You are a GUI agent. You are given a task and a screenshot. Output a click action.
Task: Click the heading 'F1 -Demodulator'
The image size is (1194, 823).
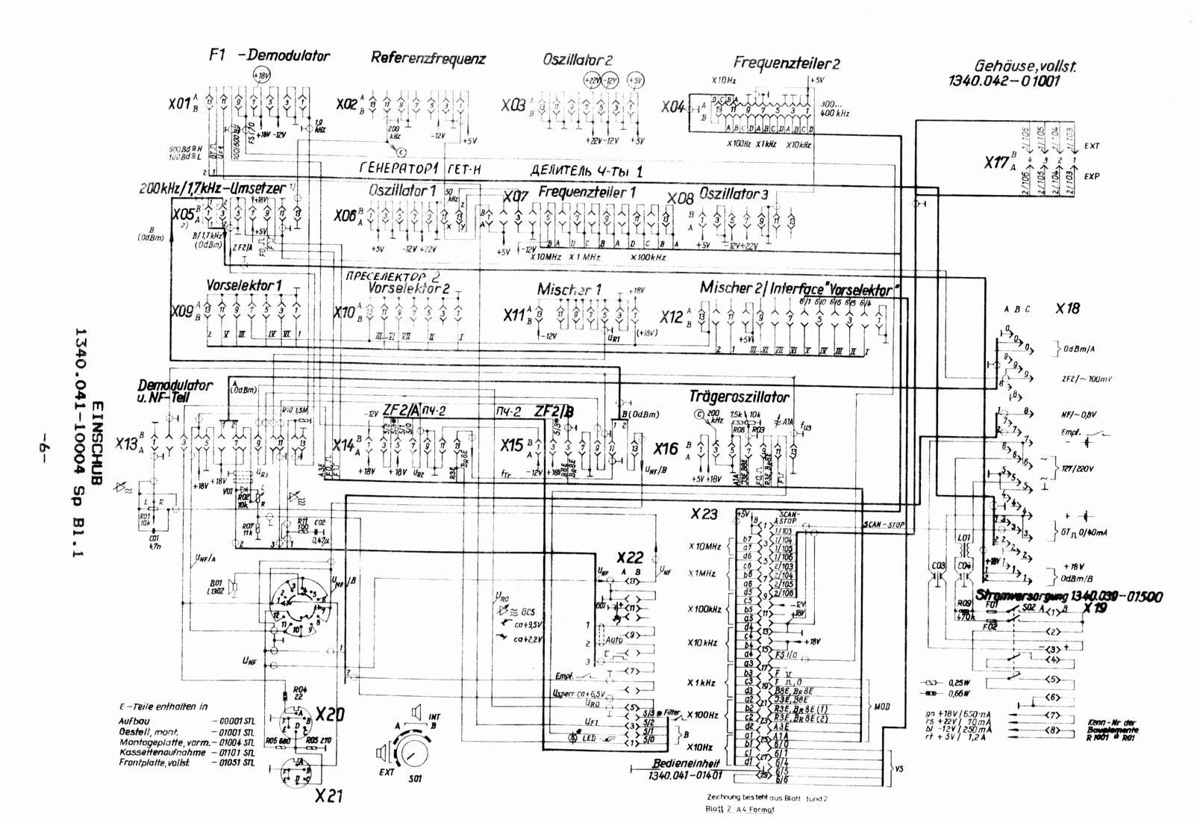[x=269, y=55]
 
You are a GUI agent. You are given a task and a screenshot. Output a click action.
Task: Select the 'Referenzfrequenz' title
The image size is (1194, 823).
[x=428, y=58]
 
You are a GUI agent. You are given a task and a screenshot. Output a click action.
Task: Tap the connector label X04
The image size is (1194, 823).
[x=672, y=107]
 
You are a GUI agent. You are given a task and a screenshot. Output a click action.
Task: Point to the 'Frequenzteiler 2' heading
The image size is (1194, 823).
[x=786, y=63]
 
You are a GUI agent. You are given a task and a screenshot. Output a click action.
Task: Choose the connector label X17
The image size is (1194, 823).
[x=996, y=162]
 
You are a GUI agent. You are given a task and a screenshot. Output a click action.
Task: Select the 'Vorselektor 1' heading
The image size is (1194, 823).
[x=244, y=285]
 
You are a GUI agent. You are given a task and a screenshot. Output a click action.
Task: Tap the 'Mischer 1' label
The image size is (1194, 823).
[x=569, y=289]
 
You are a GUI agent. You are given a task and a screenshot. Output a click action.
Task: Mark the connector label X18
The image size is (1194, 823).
[x=1067, y=308]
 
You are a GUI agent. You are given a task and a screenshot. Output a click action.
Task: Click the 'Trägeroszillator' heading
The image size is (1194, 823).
[x=739, y=397]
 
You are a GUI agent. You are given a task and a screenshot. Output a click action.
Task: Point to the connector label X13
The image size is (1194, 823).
[x=127, y=444]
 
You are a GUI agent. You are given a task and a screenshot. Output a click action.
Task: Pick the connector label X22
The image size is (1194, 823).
[x=630, y=558]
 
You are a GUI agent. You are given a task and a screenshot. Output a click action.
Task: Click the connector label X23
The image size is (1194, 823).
[x=704, y=514]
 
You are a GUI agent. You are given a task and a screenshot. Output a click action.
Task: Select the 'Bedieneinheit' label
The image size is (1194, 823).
[x=686, y=764]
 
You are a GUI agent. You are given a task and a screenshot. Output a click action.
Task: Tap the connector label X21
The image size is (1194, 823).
[x=328, y=796]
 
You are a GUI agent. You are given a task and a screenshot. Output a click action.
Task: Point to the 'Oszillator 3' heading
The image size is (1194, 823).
[x=733, y=194]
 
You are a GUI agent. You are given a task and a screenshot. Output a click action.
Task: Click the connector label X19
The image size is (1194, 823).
[x=1095, y=608]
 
